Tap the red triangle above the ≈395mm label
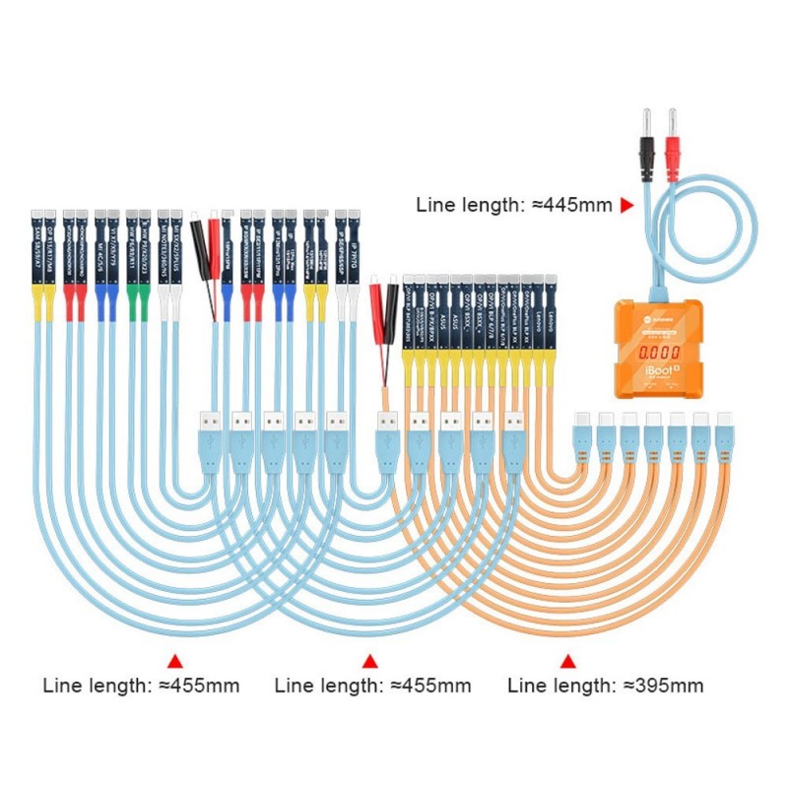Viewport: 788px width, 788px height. click(x=567, y=660)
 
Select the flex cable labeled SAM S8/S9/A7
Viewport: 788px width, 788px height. click(x=37, y=251)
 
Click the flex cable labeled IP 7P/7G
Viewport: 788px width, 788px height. click(x=355, y=251)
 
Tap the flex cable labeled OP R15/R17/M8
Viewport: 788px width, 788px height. click(x=51, y=251)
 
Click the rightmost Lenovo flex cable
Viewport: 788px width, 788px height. click(x=551, y=315)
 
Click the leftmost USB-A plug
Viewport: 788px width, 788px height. click(x=210, y=433)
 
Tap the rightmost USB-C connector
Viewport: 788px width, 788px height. click(x=725, y=433)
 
